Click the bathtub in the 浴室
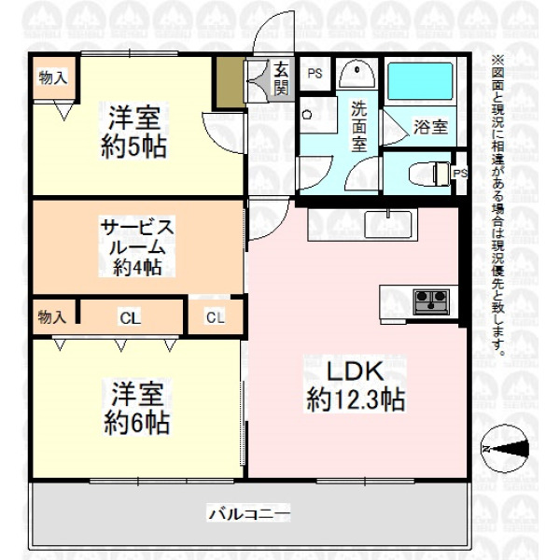click(x=420, y=81)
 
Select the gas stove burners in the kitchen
click(x=431, y=301)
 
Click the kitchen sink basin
click(x=388, y=224)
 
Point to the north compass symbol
click(x=505, y=449)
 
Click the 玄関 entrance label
click(x=281, y=78)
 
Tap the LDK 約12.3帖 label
click(x=356, y=385)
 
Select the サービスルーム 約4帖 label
click(x=137, y=246)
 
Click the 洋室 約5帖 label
click(x=133, y=132)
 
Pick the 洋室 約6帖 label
click(x=137, y=408)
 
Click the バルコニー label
click(x=249, y=514)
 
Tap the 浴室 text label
click(x=430, y=126)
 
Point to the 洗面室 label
click(x=359, y=126)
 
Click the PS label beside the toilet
click(x=460, y=174)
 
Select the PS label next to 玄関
click(x=315, y=74)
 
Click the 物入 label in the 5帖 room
click(x=53, y=77)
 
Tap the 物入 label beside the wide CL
click(x=52, y=316)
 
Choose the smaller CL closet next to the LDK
click(x=216, y=316)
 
